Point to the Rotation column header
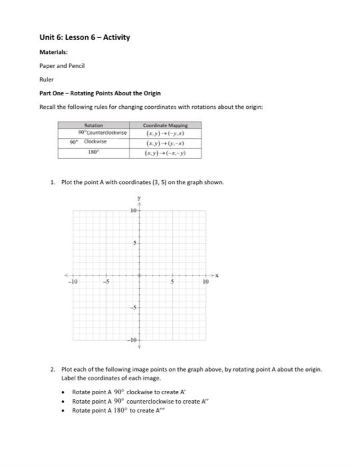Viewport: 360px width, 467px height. pyautogui.click(x=95, y=124)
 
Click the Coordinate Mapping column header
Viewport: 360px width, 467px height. pyautogui.click(x=165, y=124)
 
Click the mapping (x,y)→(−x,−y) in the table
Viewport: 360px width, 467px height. pyautogui.click(x=165, y=153)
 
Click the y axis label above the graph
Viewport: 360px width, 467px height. pyautogui.click(x=139, y=198)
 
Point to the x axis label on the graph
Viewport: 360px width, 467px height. pyautogui.click(x=217, y=275)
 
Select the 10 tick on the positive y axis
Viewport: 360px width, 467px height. pyautogui.click(x=133, y=210)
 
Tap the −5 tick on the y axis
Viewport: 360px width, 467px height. pyautogui.click(x=133, y=308)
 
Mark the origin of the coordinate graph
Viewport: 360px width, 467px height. pyautogui.click(x=139, y=275)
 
